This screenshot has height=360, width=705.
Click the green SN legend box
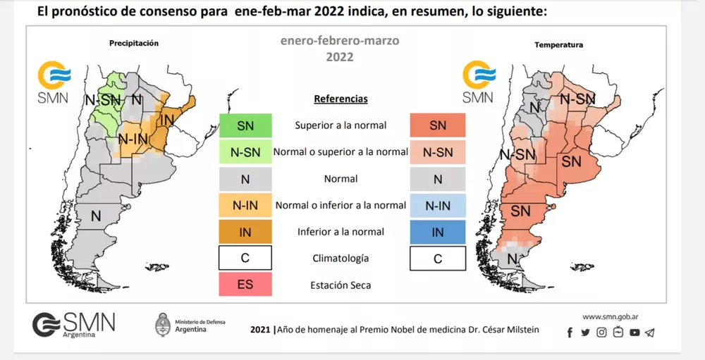[x=245, y=126]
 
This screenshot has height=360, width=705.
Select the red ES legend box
[x=245, y=285]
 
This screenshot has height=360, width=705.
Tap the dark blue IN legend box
[x=437, y=232]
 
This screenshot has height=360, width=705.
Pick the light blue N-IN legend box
[x=437, y=206]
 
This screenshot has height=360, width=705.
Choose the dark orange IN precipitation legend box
[x=245, y=232]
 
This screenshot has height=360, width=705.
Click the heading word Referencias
[x=341, y=99]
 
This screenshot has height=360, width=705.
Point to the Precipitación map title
[x=134, y=44]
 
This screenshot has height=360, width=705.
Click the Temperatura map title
[x=558, y=45]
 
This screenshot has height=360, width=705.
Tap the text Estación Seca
[x=341, y=285]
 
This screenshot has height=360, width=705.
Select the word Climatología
[x=341, y=259]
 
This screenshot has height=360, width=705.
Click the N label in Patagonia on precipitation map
[x=95, y=215]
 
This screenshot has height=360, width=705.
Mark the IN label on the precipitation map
[x=166, y=120]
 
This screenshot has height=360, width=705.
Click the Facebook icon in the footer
[x=570, y=333]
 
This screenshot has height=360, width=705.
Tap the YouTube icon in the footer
[x=634, y=333]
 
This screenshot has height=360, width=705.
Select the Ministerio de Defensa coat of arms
[x=163, y=325]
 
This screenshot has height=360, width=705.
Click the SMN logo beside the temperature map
[x=478, y=81]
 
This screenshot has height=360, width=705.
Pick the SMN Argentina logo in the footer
[x=73, y=325]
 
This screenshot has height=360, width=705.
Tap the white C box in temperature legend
[x=437, y=259]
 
